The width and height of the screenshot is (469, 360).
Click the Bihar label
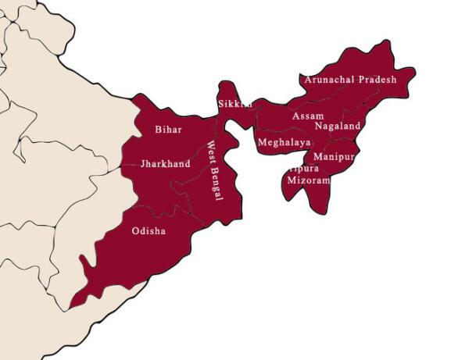(168, 130)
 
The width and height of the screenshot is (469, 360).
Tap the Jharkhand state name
(165, 164)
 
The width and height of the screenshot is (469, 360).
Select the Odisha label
(149, 231)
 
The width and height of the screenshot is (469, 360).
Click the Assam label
(307, 116)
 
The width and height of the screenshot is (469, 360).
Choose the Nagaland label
(338, 126)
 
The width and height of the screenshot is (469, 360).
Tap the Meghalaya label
(284, 143)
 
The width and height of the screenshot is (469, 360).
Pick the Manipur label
(334, 156)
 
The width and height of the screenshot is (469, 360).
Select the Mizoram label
(309, 180)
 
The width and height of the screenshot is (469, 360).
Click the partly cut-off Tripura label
(303, 168)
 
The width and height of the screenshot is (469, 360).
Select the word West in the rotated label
(211, 155)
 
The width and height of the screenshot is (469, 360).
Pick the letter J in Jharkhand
(143, 164)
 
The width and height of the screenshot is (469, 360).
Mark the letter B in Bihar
(159, 130)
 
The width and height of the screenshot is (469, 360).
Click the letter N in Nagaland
(319, 126)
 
